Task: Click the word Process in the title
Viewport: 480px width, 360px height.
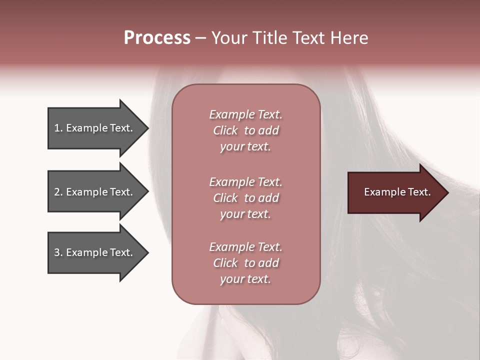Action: click(157, 38)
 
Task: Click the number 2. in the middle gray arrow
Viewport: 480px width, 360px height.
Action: click(58, 192)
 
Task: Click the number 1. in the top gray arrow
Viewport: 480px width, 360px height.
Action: click(58, 128)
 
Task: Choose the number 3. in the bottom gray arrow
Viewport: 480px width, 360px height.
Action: click(58, 252)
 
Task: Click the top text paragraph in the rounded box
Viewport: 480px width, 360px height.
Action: click(245, 130)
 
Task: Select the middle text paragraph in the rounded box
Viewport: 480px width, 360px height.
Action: click(245, 198)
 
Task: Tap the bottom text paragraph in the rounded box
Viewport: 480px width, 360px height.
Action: click(245, 263)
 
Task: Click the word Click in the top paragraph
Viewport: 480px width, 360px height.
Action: click(225, 130)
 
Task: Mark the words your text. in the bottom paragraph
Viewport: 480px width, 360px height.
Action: click(245, 279)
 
